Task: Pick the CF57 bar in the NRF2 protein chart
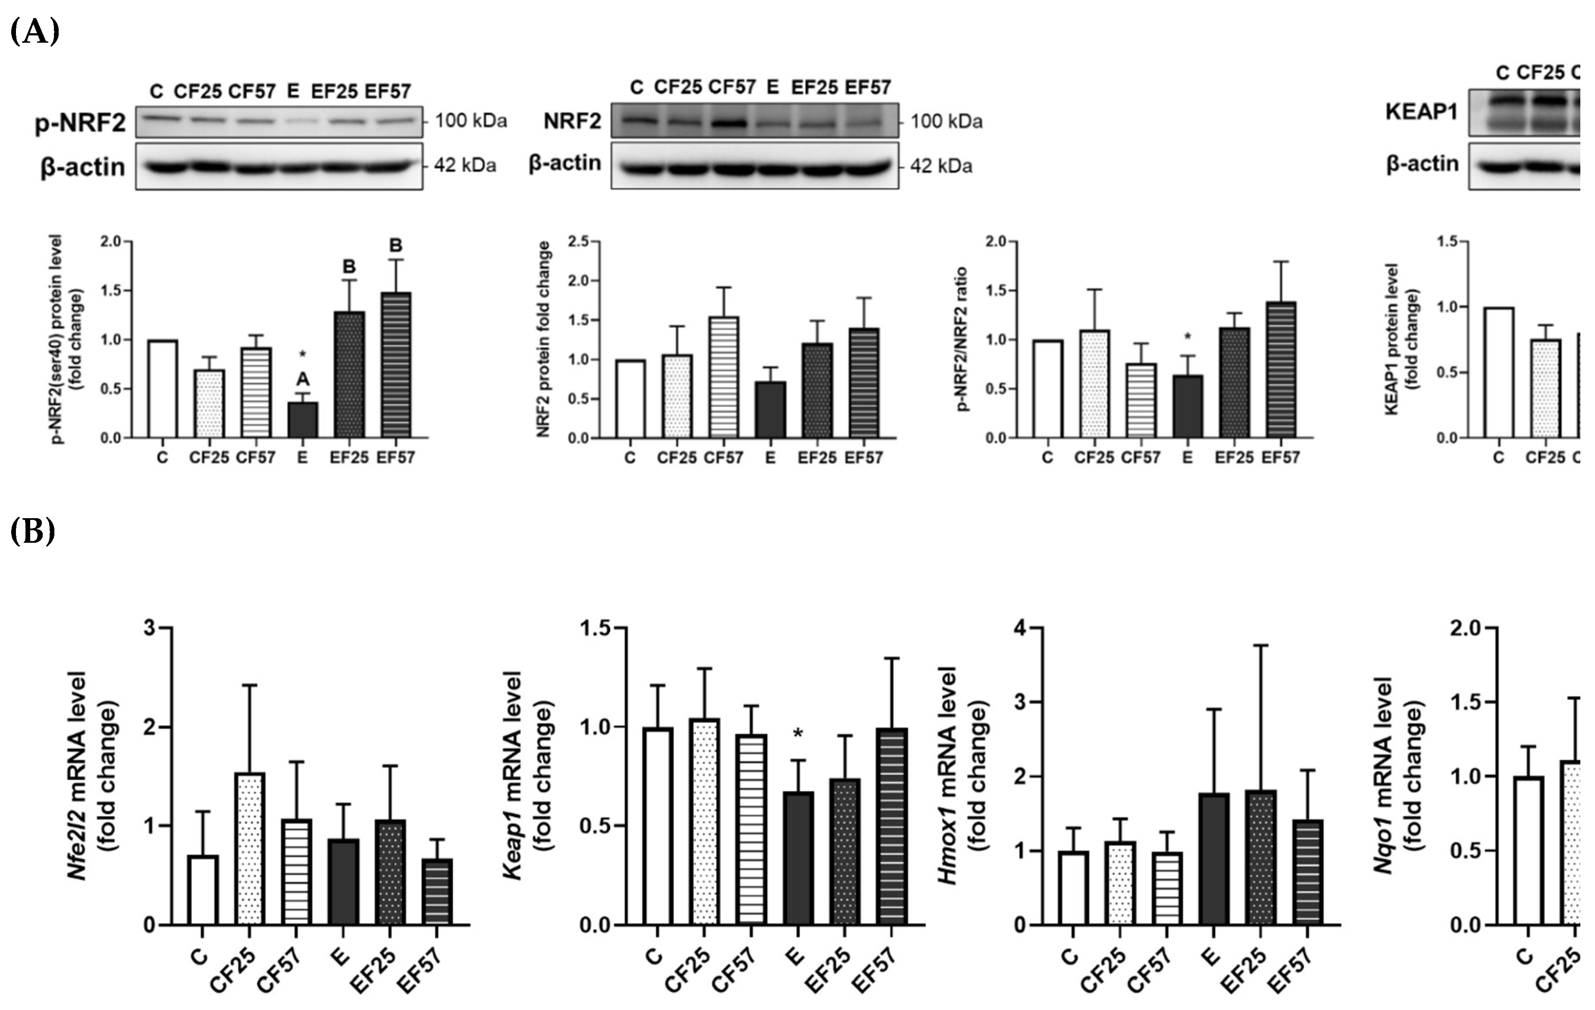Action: click(x=724, y=378)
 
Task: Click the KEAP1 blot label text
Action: click(x=1422, y=111)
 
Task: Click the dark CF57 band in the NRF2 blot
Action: click(x=733, y=123)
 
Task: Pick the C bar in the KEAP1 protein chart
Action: click(x=1498, y=372)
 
